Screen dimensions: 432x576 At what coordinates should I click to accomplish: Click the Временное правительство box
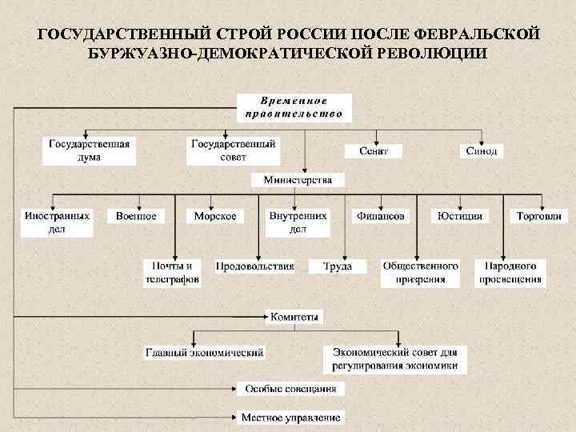coord(294,107)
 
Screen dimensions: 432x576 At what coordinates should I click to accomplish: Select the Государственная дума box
coord(89,150)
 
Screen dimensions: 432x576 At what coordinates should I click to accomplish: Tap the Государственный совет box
coord(232,150)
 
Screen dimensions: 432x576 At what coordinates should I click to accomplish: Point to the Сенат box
coord(373,150)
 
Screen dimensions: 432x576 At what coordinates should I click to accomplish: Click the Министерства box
coord(298,180)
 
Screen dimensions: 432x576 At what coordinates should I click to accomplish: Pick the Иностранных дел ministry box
coord(57,222)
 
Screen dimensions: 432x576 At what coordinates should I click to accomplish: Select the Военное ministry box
coord(136,216)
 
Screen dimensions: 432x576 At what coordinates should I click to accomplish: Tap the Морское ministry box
coord(215,216)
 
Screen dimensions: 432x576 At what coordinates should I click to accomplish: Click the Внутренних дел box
coord(298,222)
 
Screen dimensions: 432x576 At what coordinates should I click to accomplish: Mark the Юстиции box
coord(460,216)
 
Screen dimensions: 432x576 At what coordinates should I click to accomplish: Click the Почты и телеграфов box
coord(172,272)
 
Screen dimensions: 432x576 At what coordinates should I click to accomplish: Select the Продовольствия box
coord(255,266)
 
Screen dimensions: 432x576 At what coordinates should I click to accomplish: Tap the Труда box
coord(337,266)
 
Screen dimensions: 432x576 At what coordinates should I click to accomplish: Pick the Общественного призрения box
coord(420,272)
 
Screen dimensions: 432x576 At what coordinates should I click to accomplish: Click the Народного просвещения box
coord(511,272)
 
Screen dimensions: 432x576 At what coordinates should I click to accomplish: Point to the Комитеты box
coord(294,317)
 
